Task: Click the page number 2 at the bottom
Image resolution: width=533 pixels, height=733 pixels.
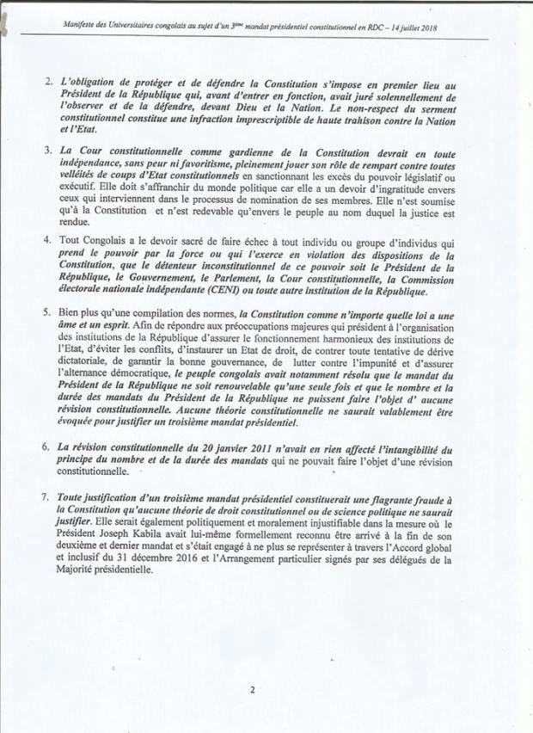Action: tap(253, 688)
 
